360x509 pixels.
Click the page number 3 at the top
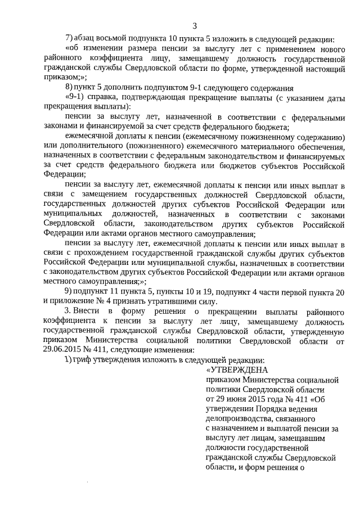point(194,25)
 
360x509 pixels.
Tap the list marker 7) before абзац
point(69,39)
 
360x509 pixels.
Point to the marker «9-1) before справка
point(75,97)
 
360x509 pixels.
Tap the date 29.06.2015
point(61,349)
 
